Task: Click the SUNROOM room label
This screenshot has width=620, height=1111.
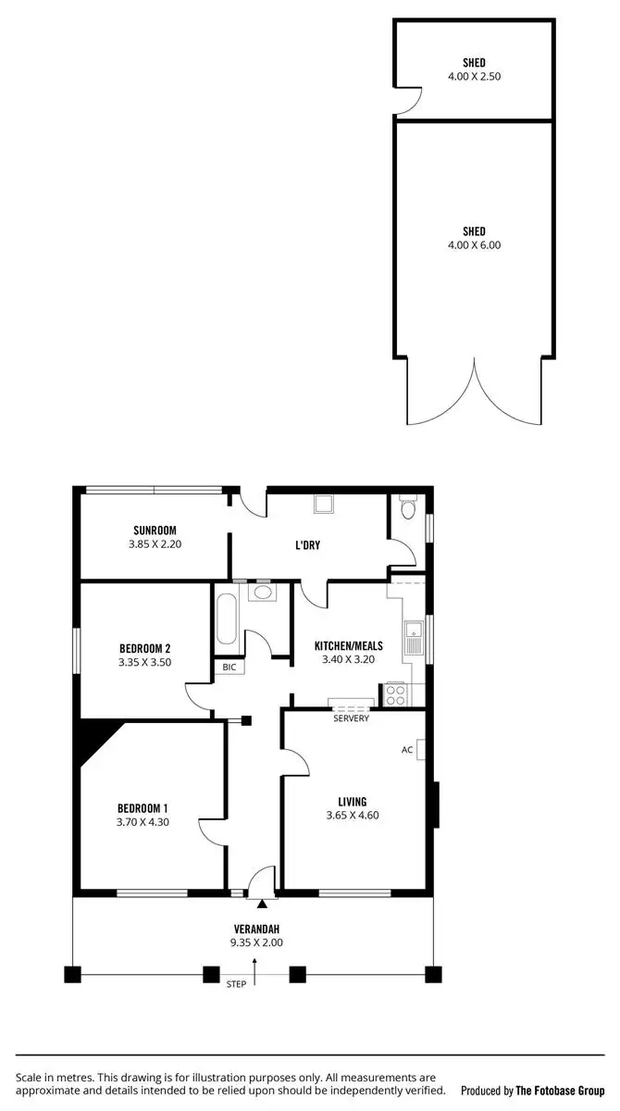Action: tap(155, 531)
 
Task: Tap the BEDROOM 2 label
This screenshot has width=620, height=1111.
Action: tap(145, 648)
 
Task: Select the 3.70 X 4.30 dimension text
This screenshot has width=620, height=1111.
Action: tap(143, 821)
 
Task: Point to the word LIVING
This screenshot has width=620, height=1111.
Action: tap(353, 802)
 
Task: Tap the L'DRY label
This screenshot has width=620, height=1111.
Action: tap(307, 545)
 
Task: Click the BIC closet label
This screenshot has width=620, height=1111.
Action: tap(228, 667)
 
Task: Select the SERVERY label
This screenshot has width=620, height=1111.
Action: tap(352, 718)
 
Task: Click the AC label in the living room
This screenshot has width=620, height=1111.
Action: tap(406, 750)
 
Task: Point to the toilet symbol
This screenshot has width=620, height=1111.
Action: tap(408, 507)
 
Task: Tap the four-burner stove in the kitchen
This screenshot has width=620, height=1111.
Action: tap(395, 695)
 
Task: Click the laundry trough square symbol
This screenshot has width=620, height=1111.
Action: tap(324, 505)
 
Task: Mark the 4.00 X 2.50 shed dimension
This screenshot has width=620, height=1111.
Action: tap(474, 77)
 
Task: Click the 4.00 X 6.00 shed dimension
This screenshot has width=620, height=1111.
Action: tap(474, 245)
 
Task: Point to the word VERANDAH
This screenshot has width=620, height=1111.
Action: tap(256, 930)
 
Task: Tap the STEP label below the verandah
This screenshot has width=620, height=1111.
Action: tap(236, 984)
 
